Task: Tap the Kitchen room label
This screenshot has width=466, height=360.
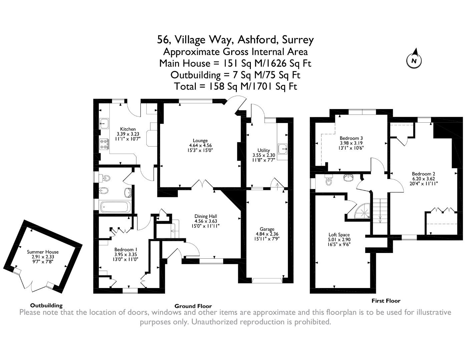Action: [128, 129]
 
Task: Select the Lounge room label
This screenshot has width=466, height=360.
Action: [200, 141]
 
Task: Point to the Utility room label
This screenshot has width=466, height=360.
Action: [264, 150]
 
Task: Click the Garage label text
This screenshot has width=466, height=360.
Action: [267, 229]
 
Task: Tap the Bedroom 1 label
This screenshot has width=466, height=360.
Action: [125, 250]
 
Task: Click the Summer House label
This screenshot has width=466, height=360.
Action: [43, 252]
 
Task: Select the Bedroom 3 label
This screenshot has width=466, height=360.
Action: [351, 138]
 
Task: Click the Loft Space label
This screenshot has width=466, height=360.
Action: [339, 235]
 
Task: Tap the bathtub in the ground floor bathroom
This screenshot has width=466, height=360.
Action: [115, 207]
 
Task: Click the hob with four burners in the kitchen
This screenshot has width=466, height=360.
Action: [104, 144]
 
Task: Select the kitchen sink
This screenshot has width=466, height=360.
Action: [104, 123]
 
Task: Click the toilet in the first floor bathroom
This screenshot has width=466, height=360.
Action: [328, 180]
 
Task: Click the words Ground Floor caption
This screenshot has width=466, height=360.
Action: [193, 306]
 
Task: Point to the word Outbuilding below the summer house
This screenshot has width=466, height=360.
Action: [46, 305]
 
